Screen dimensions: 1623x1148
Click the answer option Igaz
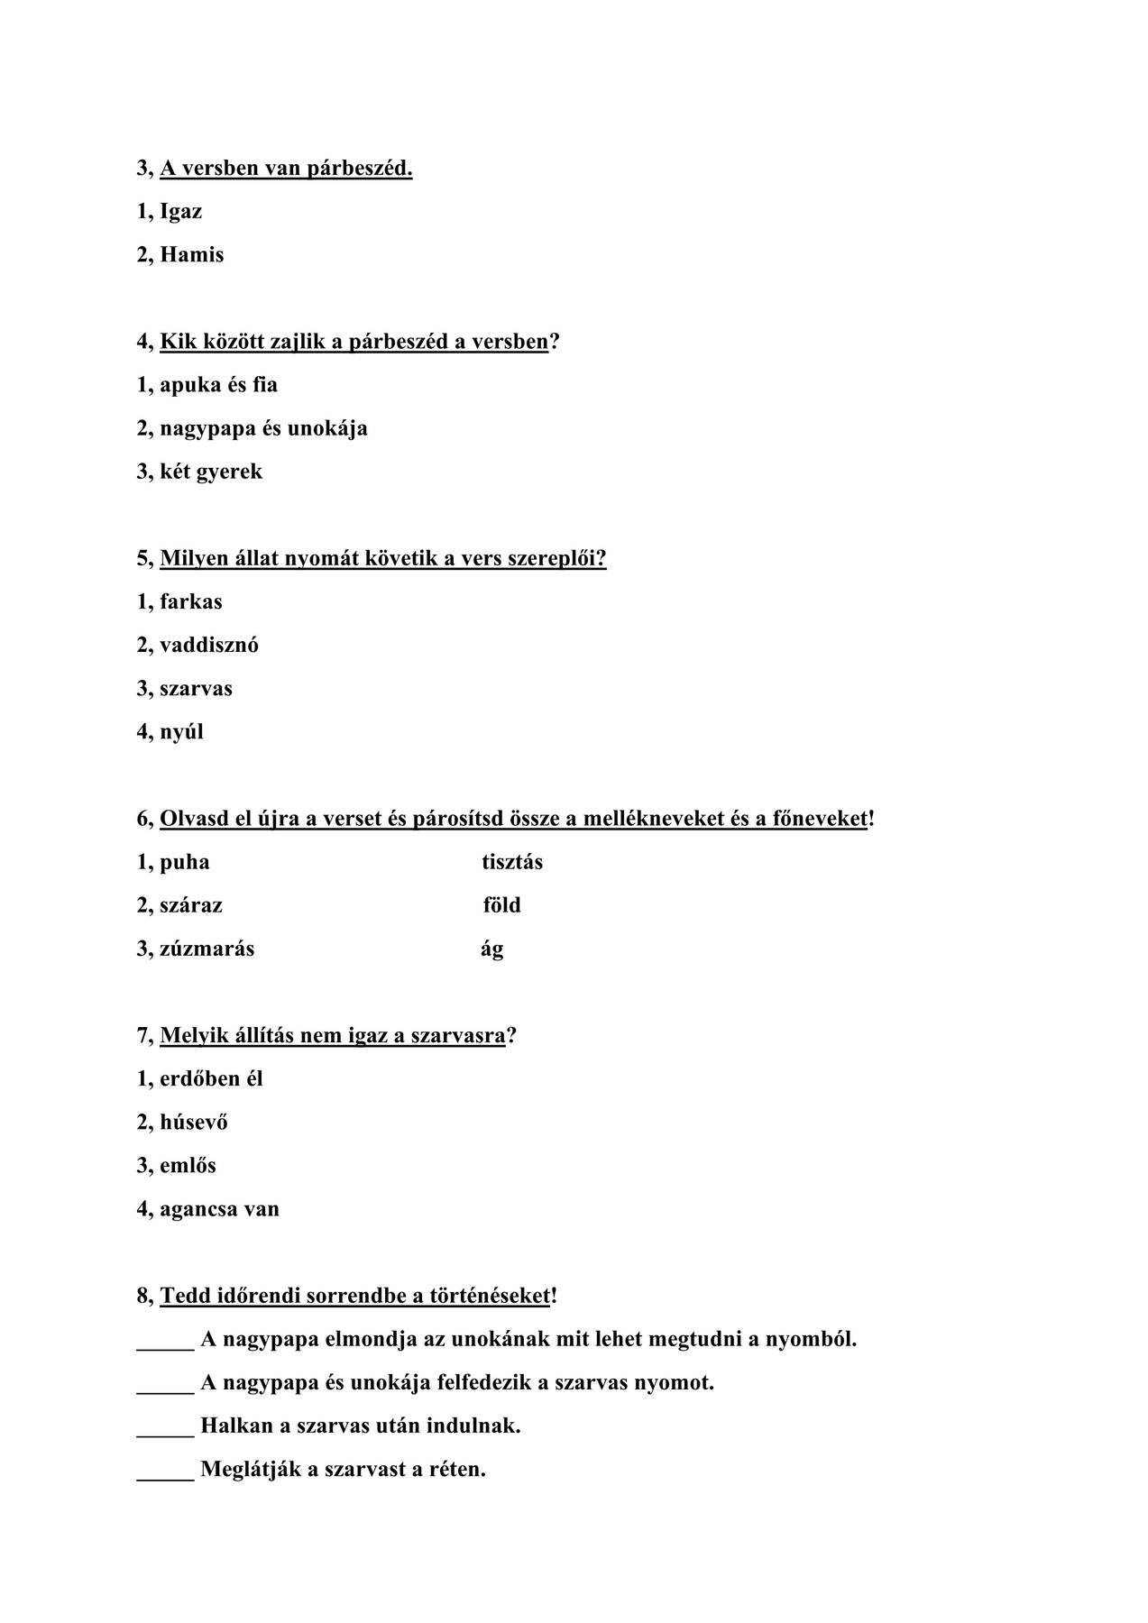click(x=180, y=212)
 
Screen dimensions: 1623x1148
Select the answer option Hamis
click(x=191, y=255)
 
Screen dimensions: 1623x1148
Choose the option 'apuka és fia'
click(x=218, y=385)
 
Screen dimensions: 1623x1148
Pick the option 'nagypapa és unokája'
click(x=263, y=428)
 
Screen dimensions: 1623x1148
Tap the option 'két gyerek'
click(x=211, y=472)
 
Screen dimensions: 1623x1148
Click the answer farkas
click(x=190, y=601)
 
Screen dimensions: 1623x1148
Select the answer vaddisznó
click(x=208, y=645)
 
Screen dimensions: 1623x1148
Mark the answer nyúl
click(x=181, y=731)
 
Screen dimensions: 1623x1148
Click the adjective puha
click(x=184, y=862)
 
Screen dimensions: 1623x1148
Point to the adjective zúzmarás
click(x=207, y=949)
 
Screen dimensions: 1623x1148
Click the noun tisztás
click(x=512, y=862)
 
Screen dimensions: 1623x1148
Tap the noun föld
click(x=501, y=905)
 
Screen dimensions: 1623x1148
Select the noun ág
click(x=492, y=949)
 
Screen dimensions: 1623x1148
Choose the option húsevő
click(x=193, y=1122)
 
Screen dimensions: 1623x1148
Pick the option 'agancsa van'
click(x=219, y=1209)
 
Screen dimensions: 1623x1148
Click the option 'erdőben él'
click(x=211, y=1078)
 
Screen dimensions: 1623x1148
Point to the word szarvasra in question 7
click(x=457, y=1035)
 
